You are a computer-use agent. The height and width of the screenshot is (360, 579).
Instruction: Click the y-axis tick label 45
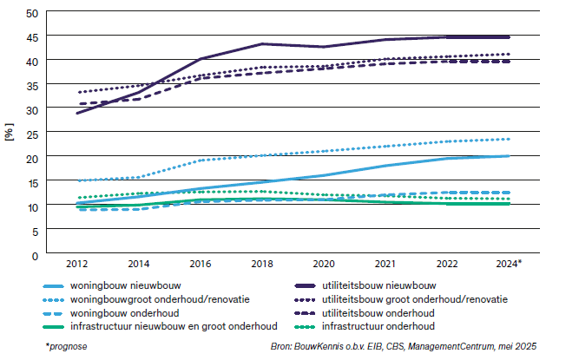31,37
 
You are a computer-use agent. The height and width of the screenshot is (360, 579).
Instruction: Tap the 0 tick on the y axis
35,256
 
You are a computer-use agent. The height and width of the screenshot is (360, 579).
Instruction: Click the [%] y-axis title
10,134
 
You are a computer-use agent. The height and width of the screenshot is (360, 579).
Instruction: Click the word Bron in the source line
282,346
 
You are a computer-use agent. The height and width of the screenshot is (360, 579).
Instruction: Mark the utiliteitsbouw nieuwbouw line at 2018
263,43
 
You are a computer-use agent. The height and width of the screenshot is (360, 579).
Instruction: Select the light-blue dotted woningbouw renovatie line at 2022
447,141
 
